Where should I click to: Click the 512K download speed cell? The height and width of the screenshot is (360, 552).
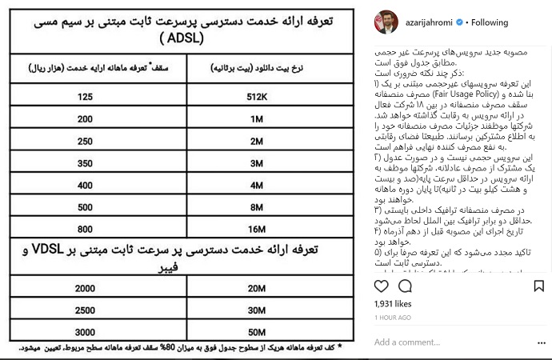coord(257,98)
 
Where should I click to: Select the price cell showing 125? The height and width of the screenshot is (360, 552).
coord(85,98)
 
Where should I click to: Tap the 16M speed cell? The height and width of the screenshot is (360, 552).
coord(257,230)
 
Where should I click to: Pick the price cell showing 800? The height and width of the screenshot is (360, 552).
coord(85,230)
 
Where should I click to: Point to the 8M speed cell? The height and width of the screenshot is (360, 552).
coord(257,207)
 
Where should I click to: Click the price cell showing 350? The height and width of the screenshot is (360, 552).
coord(85,163)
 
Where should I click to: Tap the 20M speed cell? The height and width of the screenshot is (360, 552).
coord(257,289)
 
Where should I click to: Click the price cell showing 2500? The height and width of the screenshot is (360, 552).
coord(85,310)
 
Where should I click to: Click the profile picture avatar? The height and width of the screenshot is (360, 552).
coord(386,23)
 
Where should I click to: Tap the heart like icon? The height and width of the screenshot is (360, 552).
coord(382,286)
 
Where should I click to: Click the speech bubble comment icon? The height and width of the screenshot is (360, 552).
coord(406,286)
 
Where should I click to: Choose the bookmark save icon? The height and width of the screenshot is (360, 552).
coord(538,286)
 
